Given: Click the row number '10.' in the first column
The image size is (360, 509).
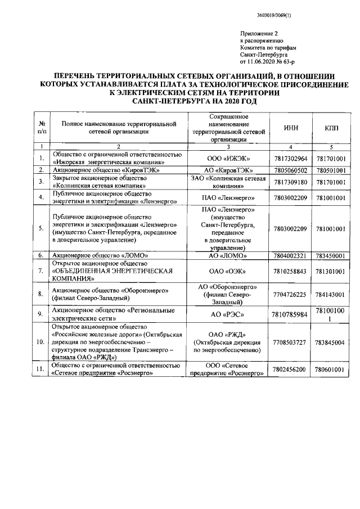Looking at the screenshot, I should click(41, 342).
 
